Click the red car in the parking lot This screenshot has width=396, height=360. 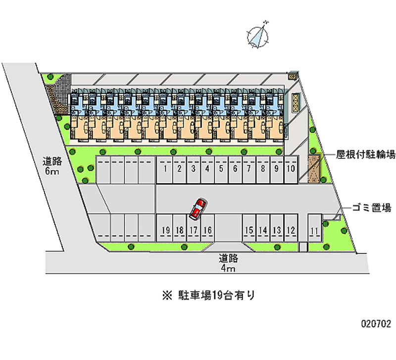[198, 208]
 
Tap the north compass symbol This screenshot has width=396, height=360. [257, 35]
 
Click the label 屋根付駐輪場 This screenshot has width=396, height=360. [365, 155]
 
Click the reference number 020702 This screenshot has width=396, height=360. [375, 324]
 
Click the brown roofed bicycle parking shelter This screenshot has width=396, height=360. [314, 169]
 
